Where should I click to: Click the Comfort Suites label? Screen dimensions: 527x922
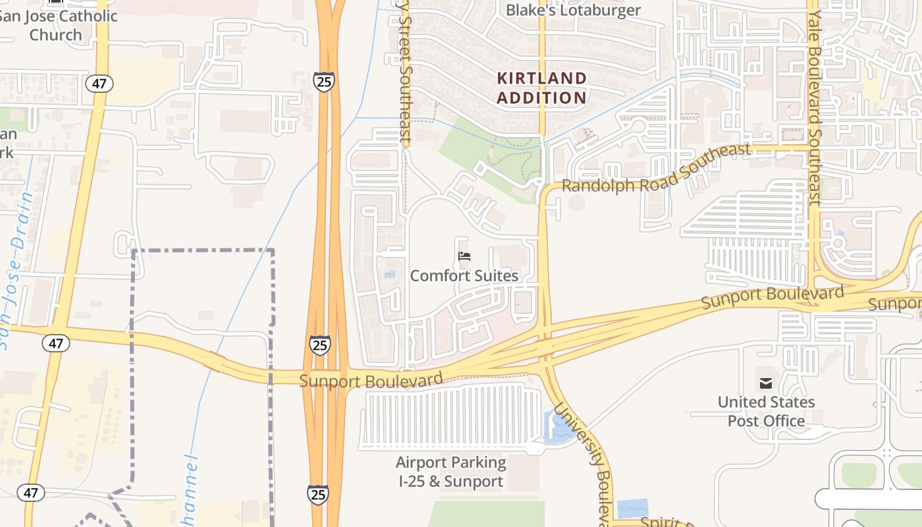pyautogui.click(x=464, y=275)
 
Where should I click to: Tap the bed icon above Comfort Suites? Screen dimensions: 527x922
pyautogui.click(x=464, y=256)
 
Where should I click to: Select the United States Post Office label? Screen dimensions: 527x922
pyautogui.click(x=766, y=411)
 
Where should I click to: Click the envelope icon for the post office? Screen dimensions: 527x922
pyautogui.click(x=766, y=383)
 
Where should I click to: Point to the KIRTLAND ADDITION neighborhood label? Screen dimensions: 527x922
pyautogui.click(x=541, y=88)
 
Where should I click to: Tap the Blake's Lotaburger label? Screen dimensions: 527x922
pyautogui.click(x=573, y=10)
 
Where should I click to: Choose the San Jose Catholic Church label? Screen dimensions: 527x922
pyautogui.click(x=58, y=25)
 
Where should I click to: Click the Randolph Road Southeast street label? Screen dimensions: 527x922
pyautogui.click(x=656, y=170)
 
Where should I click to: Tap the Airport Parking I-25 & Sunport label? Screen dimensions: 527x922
pyautogui.click(x=451, y=472)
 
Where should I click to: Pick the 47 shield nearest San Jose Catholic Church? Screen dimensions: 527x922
pyautogui.click(x=99, y=84)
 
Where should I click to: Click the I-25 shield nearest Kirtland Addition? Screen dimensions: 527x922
pyautogui.click(x=323, y=82)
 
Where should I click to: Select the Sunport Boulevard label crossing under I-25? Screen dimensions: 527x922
pyautogui.click(x=371, y=381)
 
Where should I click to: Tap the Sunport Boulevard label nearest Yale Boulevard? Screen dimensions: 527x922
pyautogui.click(x=772, y=297)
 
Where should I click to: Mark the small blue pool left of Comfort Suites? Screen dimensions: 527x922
pyautogui.click(x=391, y=273)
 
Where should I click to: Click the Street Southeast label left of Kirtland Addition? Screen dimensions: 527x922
pyautogui.click(x=404, y=72)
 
